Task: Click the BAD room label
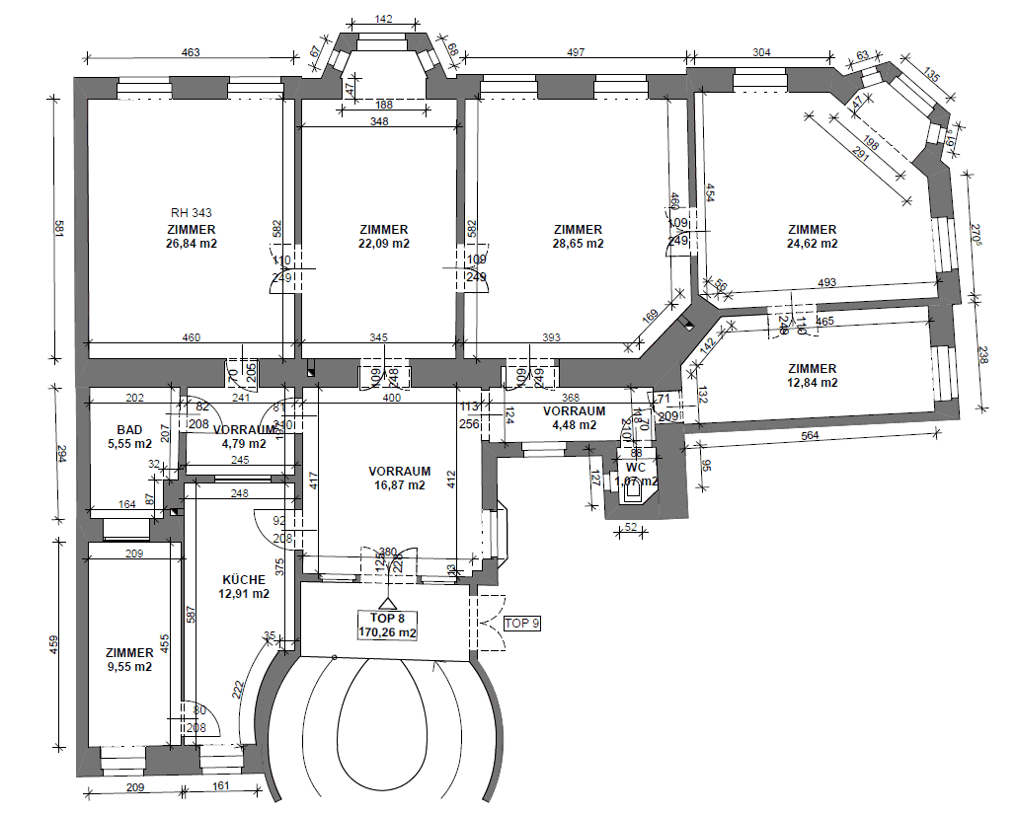pyautogui.click(x=129, y=430)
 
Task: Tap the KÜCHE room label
pyautogui.click(x=243, y=579)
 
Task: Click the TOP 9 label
pyautogui.click(x=523, y=624)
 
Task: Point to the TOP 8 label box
pyautogui.click(x=388, y=625)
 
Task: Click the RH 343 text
pyautogui.click(x=191, y=212)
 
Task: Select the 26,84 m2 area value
pyautogui.click(x=192, y=244)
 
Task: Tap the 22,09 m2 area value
pyautogui.click(x=384, y=244)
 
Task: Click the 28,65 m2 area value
pyautogui.click(x=578, y=244)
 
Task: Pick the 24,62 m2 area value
pyautogui.click(x=813, y=244)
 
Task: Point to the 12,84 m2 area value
pyautogui.click(x=813, y=383)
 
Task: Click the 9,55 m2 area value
pyautogui.click(x=129, y=667)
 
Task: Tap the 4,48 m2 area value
pyautogui.click(x=574, y=425)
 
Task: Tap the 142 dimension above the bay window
pyautogui.click(x=385, y=19)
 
